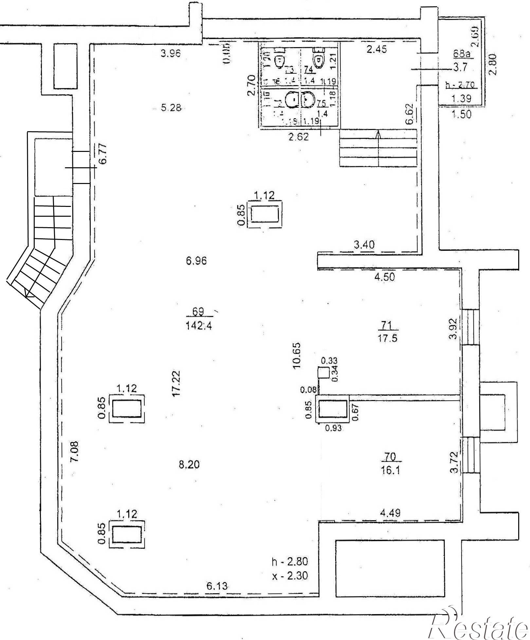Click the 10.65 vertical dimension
297,356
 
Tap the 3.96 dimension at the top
171,53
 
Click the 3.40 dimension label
364,245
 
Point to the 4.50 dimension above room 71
384,277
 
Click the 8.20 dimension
189,465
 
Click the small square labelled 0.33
323,373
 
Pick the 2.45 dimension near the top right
376,49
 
